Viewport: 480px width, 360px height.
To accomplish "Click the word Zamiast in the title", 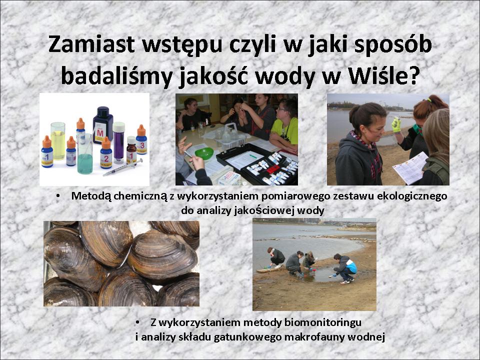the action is click(91, 44).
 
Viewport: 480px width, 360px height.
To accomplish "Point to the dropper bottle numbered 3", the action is click(141, 139).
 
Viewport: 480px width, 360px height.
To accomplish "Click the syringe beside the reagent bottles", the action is click(122, 167).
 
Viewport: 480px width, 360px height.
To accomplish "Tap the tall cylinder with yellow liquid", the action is click(58, 141).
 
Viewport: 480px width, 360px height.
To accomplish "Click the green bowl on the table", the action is click(204, 153).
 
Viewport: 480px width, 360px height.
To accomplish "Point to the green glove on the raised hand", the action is click(396, 124).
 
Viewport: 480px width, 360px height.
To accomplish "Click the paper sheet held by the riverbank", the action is click(410, 168).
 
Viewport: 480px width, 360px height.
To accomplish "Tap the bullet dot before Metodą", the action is click(58, 196).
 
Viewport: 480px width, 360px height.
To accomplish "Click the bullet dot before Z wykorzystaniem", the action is click(137, 322).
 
